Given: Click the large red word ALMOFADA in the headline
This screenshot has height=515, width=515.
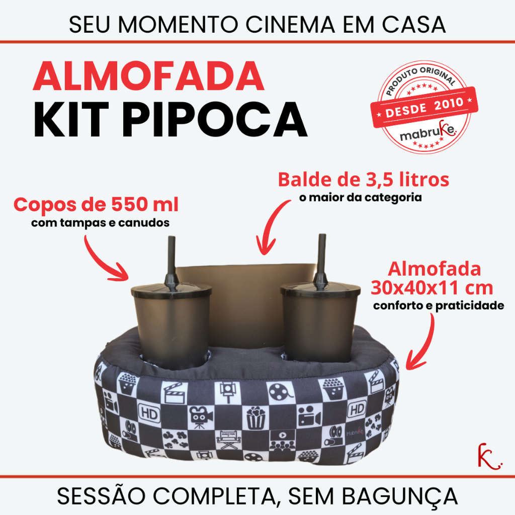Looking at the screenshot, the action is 148,76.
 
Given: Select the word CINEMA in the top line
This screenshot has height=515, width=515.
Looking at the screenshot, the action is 290,25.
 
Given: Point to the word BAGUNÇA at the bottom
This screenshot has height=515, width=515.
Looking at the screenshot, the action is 400,497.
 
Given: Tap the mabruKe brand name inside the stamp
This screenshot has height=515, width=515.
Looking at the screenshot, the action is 428,131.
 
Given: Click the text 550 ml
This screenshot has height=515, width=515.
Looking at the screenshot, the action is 145,204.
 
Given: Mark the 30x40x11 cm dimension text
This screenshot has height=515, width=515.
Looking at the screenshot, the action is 432,288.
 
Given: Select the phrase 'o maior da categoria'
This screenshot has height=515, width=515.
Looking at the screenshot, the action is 360,197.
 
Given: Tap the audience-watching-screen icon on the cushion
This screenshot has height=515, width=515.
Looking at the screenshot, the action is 282,440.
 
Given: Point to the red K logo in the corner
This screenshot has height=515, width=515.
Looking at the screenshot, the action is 489,456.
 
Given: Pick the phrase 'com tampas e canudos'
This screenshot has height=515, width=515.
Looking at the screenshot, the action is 100,223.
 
